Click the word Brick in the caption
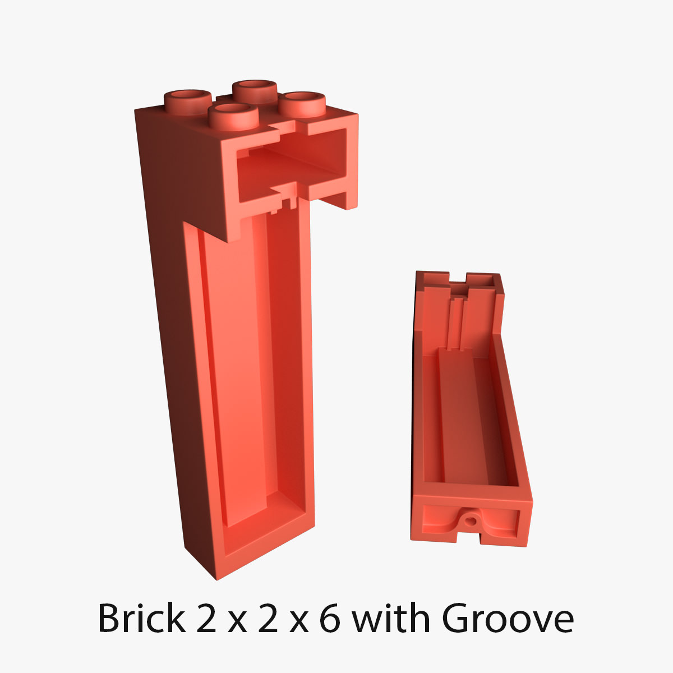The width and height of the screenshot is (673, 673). click(141, 619)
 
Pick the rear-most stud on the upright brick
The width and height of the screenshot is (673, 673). click(255, 89)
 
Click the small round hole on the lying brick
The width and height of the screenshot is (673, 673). click(471, 520)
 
